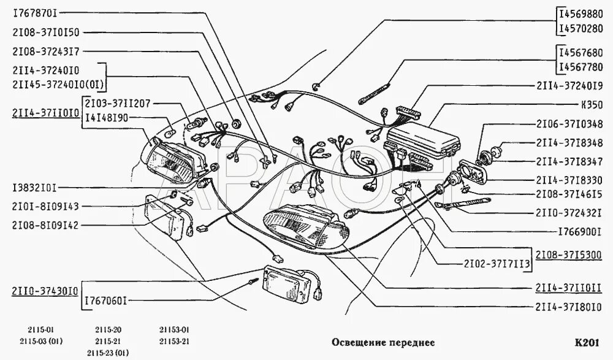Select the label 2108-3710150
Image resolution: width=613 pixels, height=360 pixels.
44,33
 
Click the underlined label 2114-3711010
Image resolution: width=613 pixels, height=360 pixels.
44,112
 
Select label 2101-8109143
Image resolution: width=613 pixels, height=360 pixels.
44,207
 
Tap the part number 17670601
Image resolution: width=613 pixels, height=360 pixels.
105,301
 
